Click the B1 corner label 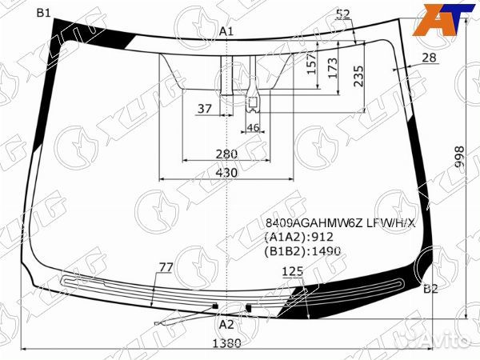coord(43,13)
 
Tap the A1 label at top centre coord(226,31)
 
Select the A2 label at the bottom coord(226,325)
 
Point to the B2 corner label coord(430,289)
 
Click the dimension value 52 coord(343,14)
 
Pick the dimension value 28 coord(429,58)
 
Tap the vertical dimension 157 coord(312,64)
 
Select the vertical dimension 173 coord(332,68)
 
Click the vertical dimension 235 coord(358,76)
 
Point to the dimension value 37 coord(205,108)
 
